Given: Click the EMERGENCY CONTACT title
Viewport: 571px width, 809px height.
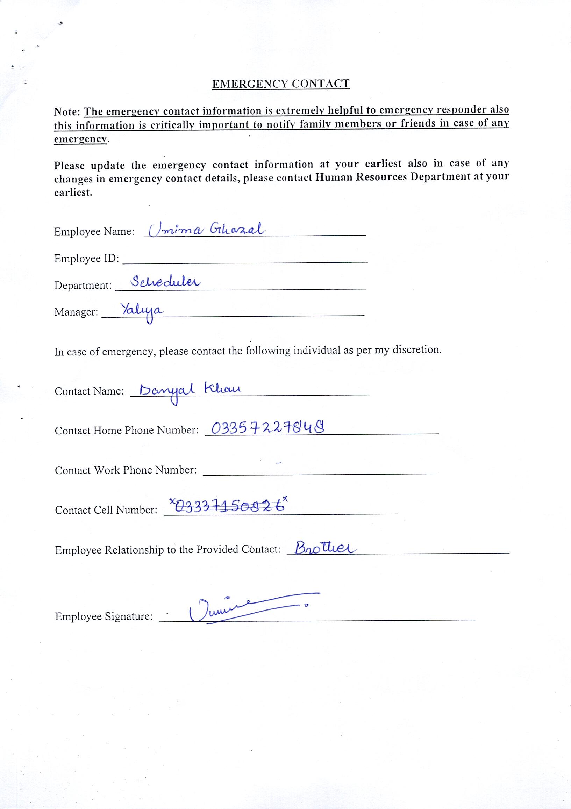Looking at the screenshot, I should pos(280,84).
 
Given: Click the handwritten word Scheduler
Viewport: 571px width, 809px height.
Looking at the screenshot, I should pos(165,282).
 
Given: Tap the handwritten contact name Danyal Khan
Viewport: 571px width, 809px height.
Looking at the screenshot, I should pos(190,391).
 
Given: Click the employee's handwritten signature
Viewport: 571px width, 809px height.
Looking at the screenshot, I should pos(247,608).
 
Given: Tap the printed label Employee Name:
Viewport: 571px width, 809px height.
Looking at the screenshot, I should pos(94,231).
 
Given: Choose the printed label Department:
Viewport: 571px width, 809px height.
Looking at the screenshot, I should pos(83,285).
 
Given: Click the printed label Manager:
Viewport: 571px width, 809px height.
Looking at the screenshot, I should pos(76,312).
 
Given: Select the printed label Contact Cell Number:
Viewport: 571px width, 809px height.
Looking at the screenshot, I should pos(106,510).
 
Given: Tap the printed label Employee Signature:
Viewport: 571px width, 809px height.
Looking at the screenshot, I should pos(104,616).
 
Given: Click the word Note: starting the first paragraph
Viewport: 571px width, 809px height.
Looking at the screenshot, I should pos(68,112).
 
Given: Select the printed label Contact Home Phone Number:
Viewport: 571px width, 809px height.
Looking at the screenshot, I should pos(127,431).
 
